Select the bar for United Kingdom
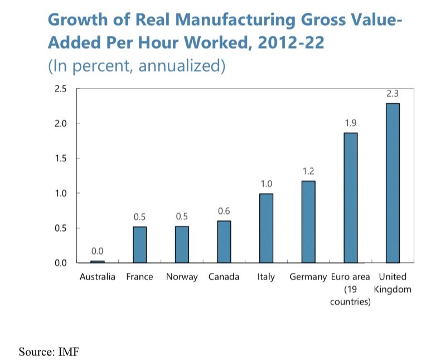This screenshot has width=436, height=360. tap(393, 183)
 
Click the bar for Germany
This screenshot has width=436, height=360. tap(308, 222)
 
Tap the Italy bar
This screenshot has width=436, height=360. tap(266, 228)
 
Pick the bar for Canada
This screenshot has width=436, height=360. tap(224, 242)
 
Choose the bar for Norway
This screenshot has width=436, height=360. tap(182, 244)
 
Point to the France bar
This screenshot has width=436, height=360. tap(139, 244)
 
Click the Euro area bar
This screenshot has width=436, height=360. tap(350, 198)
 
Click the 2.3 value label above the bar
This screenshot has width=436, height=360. tap(393, 94)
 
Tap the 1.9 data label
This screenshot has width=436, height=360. tap(350, 122)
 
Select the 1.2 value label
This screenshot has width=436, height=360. tap(308, 171)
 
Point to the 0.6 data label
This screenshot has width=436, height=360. tap(224, 211)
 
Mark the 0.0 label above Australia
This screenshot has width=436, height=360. tap(98, 251)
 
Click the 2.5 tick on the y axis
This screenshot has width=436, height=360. tap(60, 89)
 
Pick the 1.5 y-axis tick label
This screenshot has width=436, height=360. tap(60, 159)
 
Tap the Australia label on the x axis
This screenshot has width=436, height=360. tap(98, 277)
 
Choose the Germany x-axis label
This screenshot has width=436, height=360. tap(308, 277)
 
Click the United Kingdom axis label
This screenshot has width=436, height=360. tap(393, 283)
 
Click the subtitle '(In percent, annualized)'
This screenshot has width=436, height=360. tap(137, 66)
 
